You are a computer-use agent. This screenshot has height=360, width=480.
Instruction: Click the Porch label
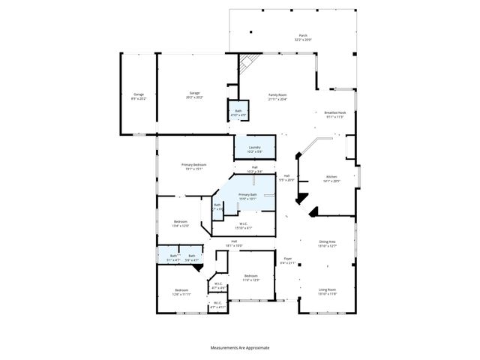pyautogui.click(x=304, y=36)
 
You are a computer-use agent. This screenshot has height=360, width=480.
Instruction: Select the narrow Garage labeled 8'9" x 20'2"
pyautogui.click(x=138, y=95)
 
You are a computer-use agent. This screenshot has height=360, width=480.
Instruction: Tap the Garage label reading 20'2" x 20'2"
pyautogui.click(x=194, y=95)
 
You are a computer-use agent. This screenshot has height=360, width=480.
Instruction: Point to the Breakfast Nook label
pyautogui.click(x=334, y=114)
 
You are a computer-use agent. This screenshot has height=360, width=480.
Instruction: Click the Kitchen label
pyautogui.click(x=331, y=179)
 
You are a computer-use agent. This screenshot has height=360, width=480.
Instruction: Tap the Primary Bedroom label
pyautogui.click(x=193, y=166)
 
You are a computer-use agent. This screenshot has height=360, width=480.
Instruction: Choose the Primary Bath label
pyautogui.click(x=247, y=196)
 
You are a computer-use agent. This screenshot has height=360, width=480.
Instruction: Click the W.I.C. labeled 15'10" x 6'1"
pyautogui.click(x=244, y=225)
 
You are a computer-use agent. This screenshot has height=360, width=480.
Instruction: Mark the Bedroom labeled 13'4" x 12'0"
pyautogui.click(x=181, y=223)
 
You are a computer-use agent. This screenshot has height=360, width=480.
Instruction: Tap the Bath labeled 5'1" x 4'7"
pyautogui.click(x=173, y=257)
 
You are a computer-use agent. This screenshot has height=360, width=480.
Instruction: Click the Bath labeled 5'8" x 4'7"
pyautogui.click(x=192, y=257)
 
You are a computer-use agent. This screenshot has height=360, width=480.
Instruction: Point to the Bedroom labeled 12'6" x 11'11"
pyautogui.click(x=181, y=292)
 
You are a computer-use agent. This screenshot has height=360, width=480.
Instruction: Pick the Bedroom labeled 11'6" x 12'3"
pyautogui.click(x=251, y=278)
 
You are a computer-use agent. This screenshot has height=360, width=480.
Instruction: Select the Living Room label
pyautogui.click(x=327, y=292)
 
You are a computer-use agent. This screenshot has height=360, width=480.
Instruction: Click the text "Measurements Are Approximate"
pyautogui.click(x=240, y=347)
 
